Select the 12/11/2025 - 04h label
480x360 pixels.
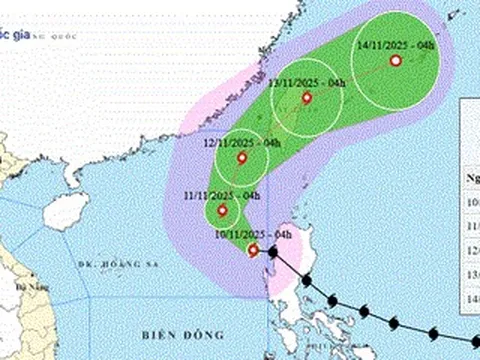[x=241, y=143]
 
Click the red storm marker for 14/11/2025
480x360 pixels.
[x=395, y=61]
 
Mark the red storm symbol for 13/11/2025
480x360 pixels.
[x=306, y=98]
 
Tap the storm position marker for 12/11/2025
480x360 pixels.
[x=242, y=158]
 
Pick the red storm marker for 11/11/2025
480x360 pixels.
[x=222, y=210]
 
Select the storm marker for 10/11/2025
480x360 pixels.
[x=253, y=250]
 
